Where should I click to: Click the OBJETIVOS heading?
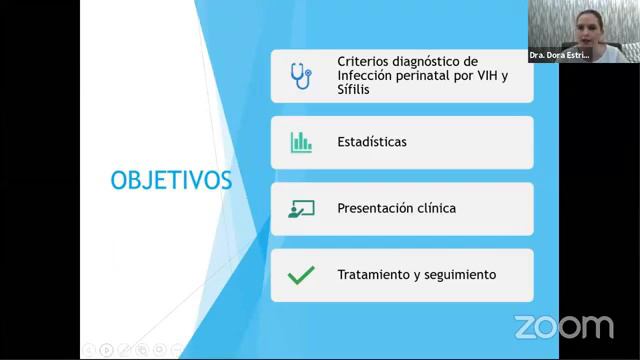coord(171,180)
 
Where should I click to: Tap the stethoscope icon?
coord(300,76)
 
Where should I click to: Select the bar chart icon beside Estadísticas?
coord(301,142)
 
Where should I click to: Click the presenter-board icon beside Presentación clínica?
coord(301,209)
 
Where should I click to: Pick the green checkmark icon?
coord(301,275)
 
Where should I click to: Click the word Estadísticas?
coord(372,142)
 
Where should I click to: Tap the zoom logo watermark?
coord(564,327)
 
